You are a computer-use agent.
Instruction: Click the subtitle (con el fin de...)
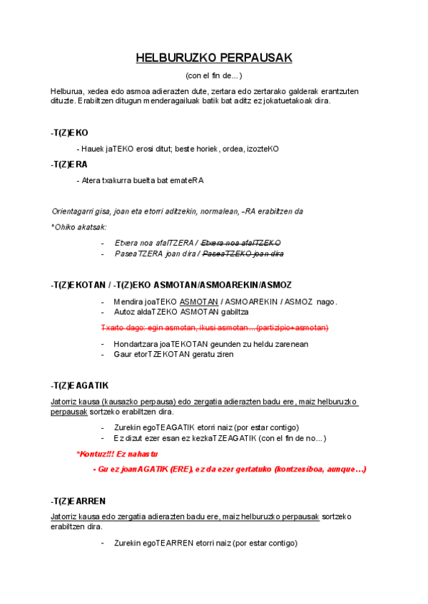(x=214, y=75)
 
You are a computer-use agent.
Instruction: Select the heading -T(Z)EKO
(x=69, y=132)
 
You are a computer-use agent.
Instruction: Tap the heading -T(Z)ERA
(x=69, y=164)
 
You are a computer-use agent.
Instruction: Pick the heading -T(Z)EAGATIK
(x=79, y=385)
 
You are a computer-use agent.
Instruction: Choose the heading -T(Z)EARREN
(x=78, y=501)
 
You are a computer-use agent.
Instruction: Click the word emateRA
(x=187, y=180)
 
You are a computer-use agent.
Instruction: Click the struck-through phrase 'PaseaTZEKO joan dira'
(x=243, y=254)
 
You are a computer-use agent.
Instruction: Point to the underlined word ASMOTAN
(x=199, y=301)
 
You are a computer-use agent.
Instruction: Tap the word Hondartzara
(x=136, y=344)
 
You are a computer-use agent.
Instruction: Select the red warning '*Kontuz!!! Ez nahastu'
(x=117, y=454)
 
